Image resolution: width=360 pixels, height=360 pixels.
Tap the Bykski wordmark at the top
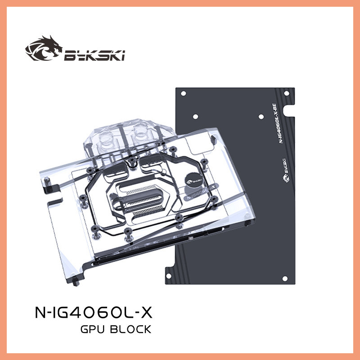(x=94, y=55)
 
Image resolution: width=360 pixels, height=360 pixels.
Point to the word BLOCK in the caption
(x=130, y=330)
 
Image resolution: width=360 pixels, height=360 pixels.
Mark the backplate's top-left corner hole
(x=183, y=94)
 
